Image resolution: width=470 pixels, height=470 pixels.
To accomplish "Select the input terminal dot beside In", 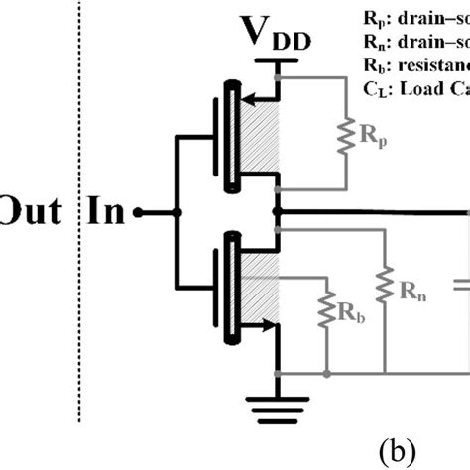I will click(140, 212).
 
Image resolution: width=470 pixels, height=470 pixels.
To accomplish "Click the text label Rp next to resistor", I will click(374, 137).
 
